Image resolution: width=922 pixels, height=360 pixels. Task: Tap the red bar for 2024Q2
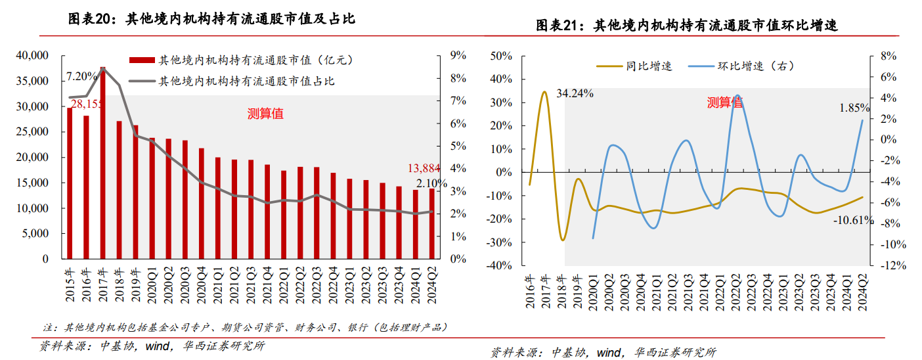coord(431,223)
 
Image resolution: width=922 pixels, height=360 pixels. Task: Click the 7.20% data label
coord(81,77)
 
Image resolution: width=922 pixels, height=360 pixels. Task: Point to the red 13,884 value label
coord(422,168)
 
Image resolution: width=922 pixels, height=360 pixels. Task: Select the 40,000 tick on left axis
coord(33,56)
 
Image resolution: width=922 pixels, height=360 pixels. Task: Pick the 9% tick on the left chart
coord(458,56)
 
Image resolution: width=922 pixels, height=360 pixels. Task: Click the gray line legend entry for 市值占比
coord(247,81)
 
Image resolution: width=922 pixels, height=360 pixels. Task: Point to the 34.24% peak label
coord(575,93)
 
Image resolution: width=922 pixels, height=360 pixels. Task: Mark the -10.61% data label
coord(853,220)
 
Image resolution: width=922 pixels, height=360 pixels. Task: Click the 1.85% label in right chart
coord(854,108)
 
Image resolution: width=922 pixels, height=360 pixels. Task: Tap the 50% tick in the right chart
coord(502,56)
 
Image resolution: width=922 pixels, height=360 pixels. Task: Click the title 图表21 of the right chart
coord(687,25)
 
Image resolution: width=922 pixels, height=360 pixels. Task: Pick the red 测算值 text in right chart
coord(725,102)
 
